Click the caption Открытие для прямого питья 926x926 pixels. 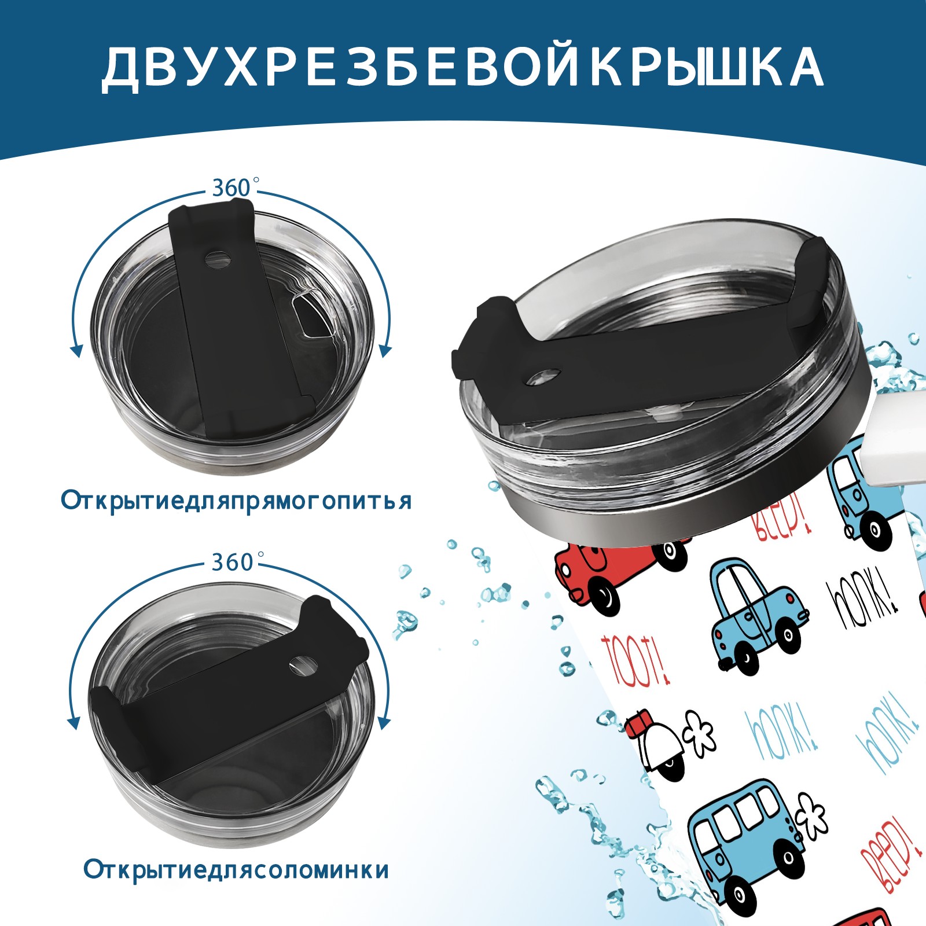pyautogui.click(x=236, y=501)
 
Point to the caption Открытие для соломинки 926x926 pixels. pyautogui.click(x=236, y=870)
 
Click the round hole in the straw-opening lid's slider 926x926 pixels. pyautogui.click(x=303, y=666)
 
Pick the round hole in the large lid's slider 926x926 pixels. pyautogui.click(x=544, y=377)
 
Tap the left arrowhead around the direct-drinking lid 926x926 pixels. pyautogui.click(x=75, y=350)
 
